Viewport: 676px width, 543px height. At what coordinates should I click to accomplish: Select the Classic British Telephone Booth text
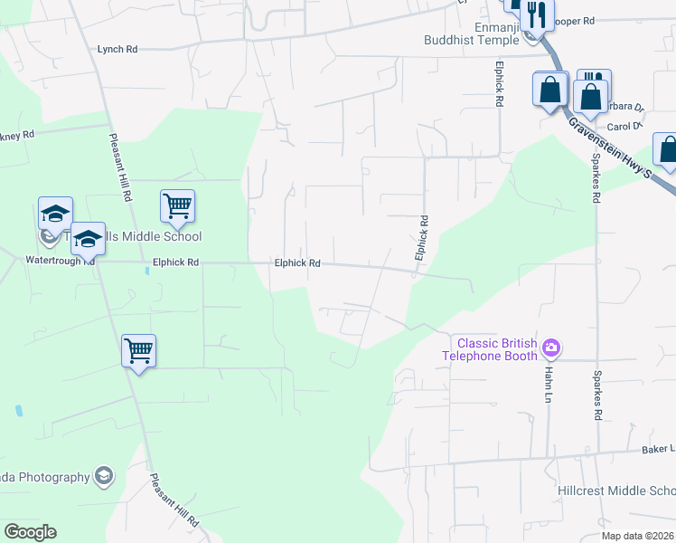(497, 349)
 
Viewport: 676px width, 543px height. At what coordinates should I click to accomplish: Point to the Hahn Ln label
(549, 373)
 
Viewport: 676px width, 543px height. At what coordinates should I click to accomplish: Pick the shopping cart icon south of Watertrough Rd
(139, 349)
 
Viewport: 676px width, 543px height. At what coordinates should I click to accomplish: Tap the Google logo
(30, 531)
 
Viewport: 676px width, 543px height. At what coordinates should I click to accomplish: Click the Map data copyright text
(638, 536)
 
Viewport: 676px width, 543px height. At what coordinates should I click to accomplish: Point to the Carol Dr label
(624, 127)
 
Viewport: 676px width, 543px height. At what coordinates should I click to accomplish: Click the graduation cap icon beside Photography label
(104, 477)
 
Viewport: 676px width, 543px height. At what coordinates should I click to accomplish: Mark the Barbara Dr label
(624, 106)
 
